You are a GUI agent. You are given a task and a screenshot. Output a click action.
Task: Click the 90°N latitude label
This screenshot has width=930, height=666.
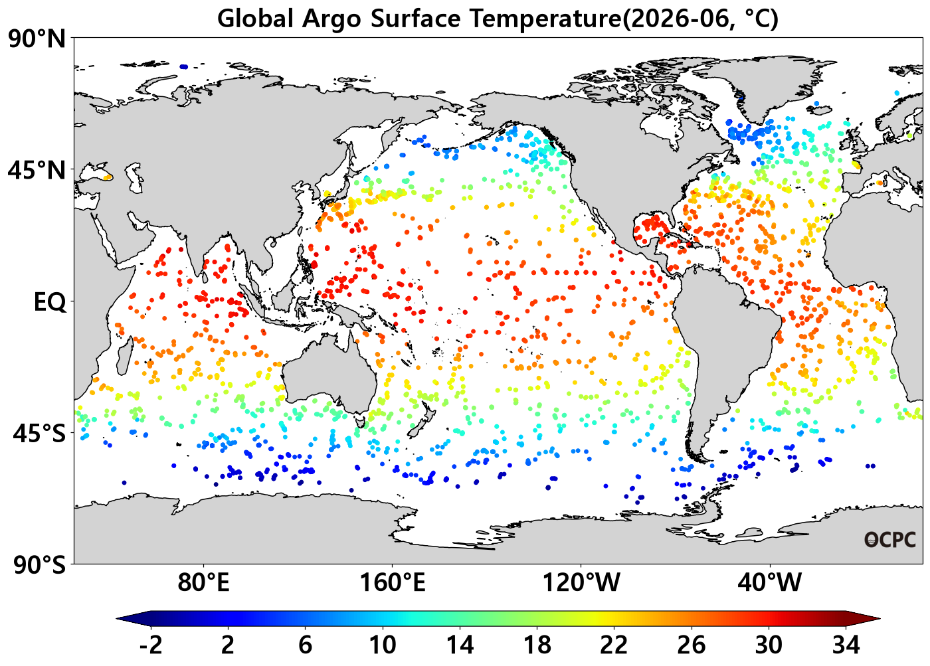(37, 40)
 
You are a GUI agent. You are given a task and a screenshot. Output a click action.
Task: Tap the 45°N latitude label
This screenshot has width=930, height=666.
(37, 171)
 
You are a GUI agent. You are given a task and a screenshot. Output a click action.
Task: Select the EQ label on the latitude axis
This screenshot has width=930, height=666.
(50, 302)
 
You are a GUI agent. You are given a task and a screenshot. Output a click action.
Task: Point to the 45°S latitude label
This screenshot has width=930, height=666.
(39, 434)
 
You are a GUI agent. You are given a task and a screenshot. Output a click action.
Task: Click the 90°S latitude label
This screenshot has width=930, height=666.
(39, 565)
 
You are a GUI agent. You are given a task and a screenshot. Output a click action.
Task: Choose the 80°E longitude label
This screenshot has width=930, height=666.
(203, 582)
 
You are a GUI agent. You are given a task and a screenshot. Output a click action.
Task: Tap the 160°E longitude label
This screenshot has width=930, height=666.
(393, 582)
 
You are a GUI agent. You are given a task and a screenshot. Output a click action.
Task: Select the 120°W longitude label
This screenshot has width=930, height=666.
(581, 582)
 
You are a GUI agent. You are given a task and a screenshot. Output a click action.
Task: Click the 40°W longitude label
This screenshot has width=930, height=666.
(770, 582)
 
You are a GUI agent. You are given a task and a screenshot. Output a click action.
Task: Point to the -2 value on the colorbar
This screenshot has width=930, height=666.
(150, 645)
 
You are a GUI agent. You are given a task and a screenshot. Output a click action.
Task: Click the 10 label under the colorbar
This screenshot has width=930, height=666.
(383, 645)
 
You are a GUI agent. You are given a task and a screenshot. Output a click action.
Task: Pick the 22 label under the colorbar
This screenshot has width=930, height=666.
(614, 645)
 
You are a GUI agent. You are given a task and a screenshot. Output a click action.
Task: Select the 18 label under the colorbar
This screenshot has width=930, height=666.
(537, 645)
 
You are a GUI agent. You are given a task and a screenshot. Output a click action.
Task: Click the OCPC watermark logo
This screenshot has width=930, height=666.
(889, 540)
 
